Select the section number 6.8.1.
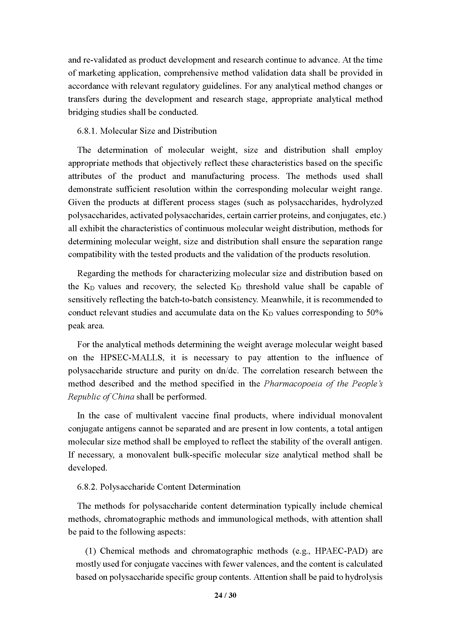(x=87, y=131)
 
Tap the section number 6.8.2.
(x=87, y=487)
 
